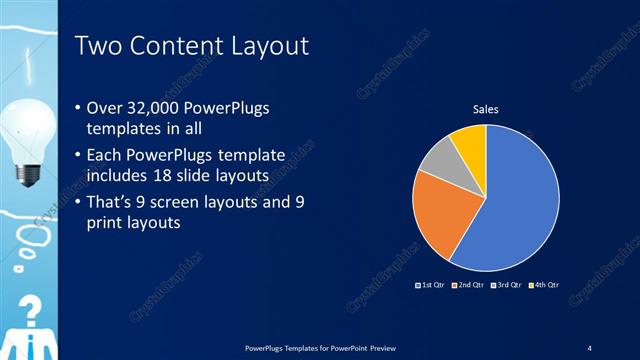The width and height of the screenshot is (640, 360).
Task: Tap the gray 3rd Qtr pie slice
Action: pyautogui.click(x=437, y=160)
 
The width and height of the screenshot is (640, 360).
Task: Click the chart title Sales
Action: pyautogui.click(x=486, y=109)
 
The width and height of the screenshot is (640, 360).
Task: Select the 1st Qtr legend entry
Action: pyautogui.click(x=429, y=285)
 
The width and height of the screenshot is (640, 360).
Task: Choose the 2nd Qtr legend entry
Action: pyautogui.click(x=469, y=285)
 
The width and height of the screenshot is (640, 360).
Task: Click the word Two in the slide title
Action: pyautogui.click(x=100, y=46)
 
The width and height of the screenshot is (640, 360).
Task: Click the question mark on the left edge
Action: pyautogui.click(x=31, y=310)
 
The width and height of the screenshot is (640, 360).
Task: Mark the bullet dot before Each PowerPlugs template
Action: pyautogui.click(x=80, y=156)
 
